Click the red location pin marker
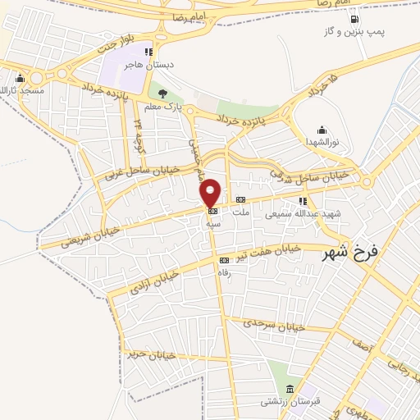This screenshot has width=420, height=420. (210, 193)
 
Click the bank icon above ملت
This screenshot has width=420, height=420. (240, 200)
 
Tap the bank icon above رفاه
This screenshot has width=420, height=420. (224, 261)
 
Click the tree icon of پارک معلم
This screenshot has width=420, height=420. (162, 94)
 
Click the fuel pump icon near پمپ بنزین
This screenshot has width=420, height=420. (353, 20)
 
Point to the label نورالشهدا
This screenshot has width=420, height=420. (322, 142)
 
